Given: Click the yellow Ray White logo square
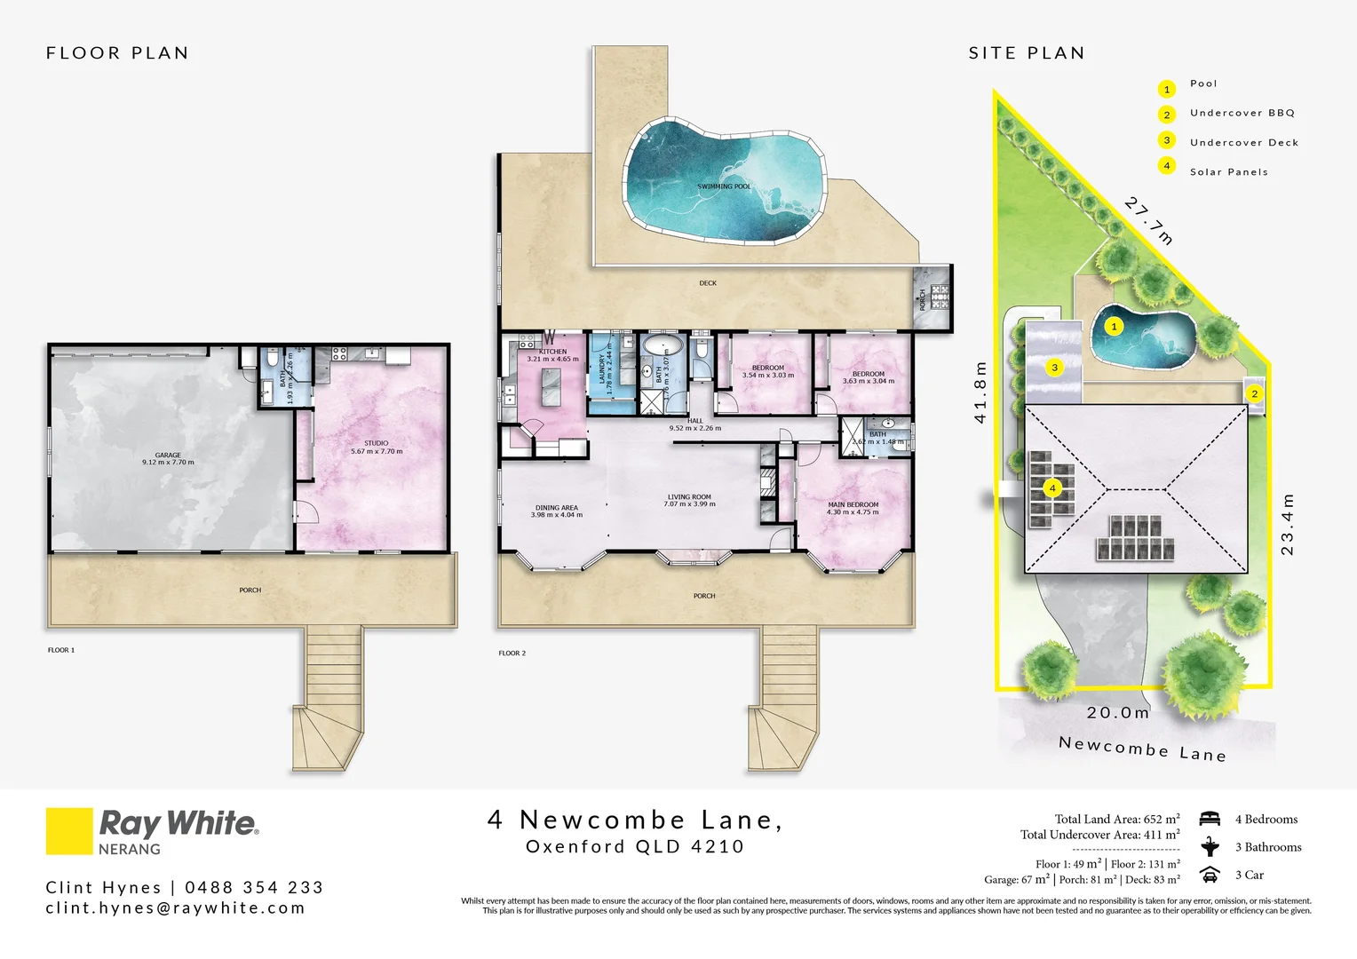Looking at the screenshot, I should coord(69,831).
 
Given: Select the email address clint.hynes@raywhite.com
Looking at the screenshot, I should coord(175,907).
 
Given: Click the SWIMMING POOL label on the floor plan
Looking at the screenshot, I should coord(724,186).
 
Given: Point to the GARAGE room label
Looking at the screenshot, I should coord(168,456).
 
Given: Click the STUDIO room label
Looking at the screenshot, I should coord(376,443).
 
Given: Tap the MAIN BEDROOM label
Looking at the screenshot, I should coord(853,504).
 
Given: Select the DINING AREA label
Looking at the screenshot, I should coord(557,508).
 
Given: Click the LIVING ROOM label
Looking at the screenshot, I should coord(689,497).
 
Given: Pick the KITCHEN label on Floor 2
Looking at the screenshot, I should coord(552,352).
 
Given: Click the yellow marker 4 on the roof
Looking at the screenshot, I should coord(1052,487).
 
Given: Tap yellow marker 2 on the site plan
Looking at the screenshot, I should coord(1254,393).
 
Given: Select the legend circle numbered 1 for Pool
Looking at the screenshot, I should coord(1167,89).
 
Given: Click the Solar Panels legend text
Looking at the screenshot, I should coord(1228,172).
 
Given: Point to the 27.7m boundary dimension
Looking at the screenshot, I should coord(1149,220).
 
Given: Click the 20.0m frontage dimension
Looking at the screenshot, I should coord(1118,712).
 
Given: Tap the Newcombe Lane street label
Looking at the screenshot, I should coord(1142,749).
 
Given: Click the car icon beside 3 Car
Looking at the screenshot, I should coord(1209,875).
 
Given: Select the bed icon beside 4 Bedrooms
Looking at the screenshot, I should coord(1209,819).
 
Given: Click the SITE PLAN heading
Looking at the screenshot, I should coord(1027,53).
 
